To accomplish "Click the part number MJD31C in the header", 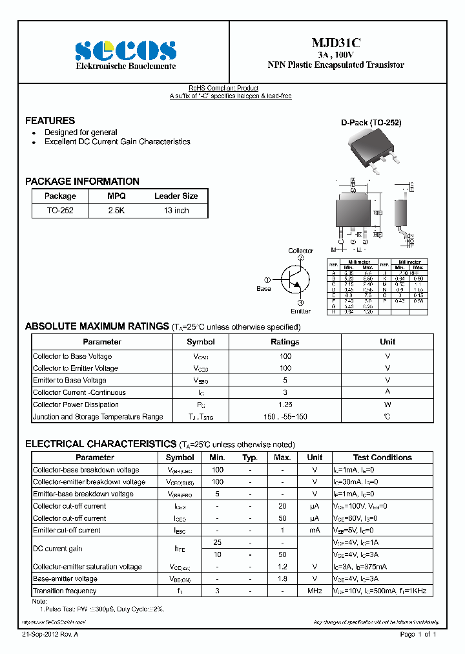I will [336, 43].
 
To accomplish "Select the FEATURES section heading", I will [50, 121].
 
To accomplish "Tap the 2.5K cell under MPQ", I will [116, 211].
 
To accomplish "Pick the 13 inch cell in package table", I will [176, 211].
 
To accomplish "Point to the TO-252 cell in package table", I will [60, 211].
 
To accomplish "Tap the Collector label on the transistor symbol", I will [300, 251].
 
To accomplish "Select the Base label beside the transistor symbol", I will [263, 289].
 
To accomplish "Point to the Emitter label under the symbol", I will [300, 311].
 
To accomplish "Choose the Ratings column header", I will [285, 342].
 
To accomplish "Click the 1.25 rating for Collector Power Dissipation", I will [285, 405].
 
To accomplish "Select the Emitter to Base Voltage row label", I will [70, 381].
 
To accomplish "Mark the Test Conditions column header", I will [382, 458].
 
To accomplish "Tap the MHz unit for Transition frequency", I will [315, 591].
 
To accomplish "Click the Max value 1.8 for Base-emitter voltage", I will [282, 579].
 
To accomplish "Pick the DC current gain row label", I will [57, 549].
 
